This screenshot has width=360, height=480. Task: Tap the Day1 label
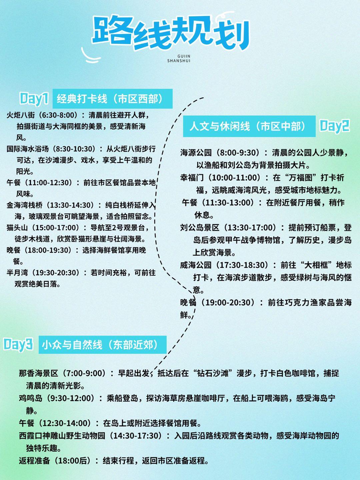pos(34,99)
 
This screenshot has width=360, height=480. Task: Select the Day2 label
pos(334,126)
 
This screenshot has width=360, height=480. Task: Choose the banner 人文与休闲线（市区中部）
pos(249,126)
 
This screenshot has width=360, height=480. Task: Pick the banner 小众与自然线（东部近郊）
pos(102,344)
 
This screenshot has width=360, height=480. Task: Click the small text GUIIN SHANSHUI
pos(179,59)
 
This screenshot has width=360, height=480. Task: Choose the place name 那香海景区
pos(39,373)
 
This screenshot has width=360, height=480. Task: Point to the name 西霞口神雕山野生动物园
pos(62,436)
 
